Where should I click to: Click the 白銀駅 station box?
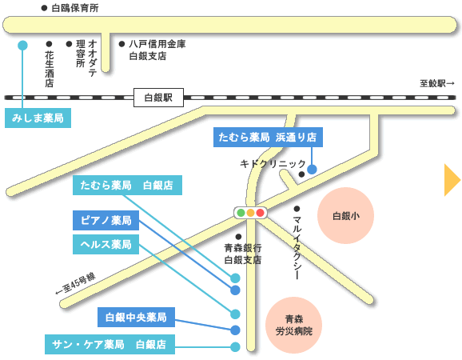(158, 98)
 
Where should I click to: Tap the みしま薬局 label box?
(38, 118)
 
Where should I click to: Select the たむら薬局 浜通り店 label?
(268, 137)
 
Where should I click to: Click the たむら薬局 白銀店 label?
(127, 185)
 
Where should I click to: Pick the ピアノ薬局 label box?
(106, 220)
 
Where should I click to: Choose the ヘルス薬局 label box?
(106, 245)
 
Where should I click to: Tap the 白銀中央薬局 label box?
(136, 318)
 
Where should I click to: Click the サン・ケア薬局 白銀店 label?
(110, 344)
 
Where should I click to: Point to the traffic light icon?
(250, 213)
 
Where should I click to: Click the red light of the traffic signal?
(260, 213)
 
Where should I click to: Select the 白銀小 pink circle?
(345, 215)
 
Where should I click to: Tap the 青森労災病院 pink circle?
(294, 326)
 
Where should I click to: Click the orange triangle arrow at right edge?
(452, 180)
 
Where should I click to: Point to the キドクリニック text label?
(273, 164)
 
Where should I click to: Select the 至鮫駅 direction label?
(437, 83)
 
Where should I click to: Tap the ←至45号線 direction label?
(76, 284)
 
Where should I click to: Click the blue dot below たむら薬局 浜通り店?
(312, 170)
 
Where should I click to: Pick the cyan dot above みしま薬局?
(22, 45)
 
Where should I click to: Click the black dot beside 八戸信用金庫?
(121, 44)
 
